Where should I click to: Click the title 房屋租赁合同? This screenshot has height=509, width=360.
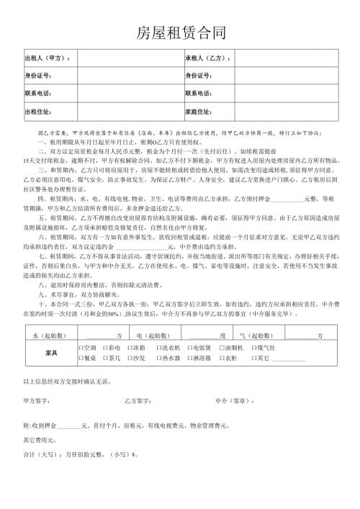[181, 33]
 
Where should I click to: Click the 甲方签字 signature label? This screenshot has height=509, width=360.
[37, 400]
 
